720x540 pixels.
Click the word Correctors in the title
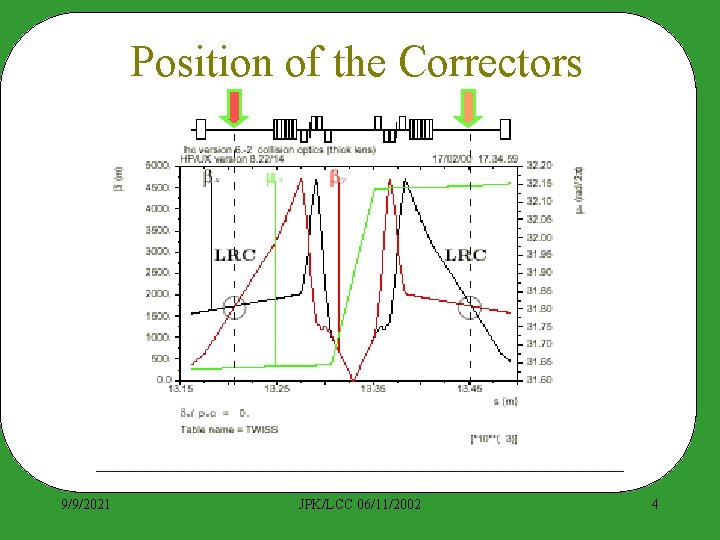(x=490, y=62)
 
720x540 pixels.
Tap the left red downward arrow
(x=234, y=107)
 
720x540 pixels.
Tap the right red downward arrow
(x=468, y=107)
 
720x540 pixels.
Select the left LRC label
(x=235, y=254)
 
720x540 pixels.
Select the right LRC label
(x=466, y=254)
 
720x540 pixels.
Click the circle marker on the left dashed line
(x=234, y=307)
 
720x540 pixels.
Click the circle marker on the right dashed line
(x=469, y=307)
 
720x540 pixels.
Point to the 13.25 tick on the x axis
(x=277, y=388)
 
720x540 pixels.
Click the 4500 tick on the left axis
(x=156, y=186)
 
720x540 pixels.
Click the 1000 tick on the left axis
(x=156, y=337)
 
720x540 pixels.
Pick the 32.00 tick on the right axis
(x=539, y=237)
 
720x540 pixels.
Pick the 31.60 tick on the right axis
(x=539, y=379)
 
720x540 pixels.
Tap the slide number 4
(x=655, y=504)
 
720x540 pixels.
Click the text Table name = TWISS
(x=229, y=429)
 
